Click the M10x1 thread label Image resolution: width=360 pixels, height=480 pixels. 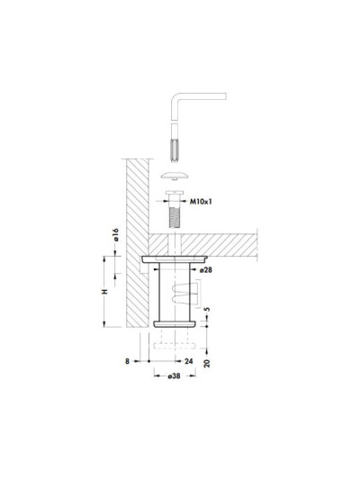(201, 202)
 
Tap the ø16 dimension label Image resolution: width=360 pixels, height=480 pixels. (116, 235)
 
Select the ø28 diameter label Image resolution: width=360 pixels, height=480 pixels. (205, 270)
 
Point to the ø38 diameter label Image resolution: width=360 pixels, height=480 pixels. (174, 376)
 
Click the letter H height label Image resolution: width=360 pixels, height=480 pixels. (105, 291)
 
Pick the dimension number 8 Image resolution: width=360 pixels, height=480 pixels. (128, 361)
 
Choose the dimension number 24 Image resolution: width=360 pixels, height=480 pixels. (189, 361)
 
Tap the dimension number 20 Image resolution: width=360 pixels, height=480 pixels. (207, 363)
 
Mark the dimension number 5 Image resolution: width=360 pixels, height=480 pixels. (207, 309)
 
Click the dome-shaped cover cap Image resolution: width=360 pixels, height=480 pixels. (175, 176)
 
